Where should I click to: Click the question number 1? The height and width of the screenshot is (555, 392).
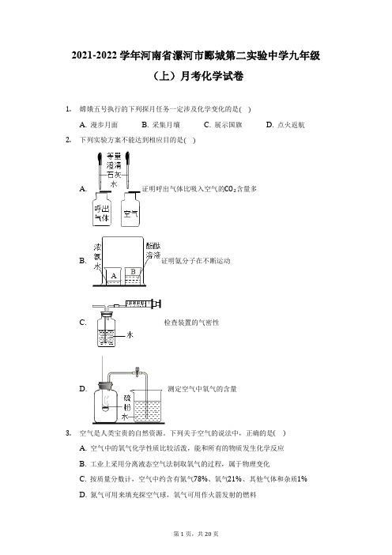point(68,109)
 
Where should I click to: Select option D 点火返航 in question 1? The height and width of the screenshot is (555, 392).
point(285,125)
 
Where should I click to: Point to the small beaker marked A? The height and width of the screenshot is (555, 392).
point(114,276)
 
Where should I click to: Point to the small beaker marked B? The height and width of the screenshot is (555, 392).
point(133,274)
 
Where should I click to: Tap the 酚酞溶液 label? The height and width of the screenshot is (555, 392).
point(153,251)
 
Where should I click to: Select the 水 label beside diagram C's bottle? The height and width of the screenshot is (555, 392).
point(130,334)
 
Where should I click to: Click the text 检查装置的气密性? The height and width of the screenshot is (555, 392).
point(191,323)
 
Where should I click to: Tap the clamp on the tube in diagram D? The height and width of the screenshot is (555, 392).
point(137,372)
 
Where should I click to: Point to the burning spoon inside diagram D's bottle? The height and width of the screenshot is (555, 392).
point(105,408)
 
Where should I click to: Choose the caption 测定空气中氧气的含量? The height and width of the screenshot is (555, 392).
point(202,389)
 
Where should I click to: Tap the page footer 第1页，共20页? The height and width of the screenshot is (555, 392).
point(196,534)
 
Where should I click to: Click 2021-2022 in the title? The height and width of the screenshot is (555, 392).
point(94,56)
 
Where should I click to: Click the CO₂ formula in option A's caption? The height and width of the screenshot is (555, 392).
point(230,189)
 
